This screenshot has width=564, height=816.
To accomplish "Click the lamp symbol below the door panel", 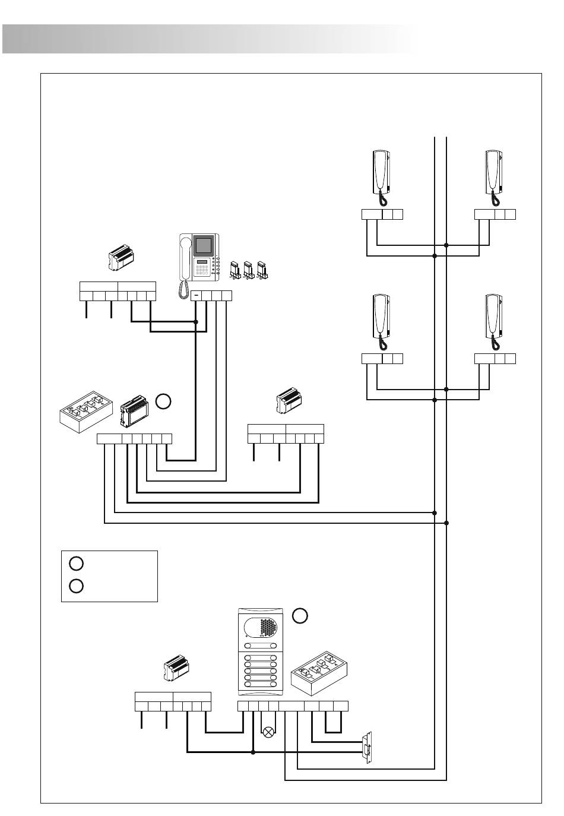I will point(268,732).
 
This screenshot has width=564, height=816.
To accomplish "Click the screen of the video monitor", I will point(204,246).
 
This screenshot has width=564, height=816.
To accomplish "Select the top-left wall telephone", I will point(381,172).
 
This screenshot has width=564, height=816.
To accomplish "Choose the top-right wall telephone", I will point(493,172).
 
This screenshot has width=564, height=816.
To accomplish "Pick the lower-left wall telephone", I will point(381,317).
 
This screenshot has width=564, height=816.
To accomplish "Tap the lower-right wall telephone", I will point(493,317).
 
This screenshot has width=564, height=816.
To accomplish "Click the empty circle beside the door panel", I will point(300,616).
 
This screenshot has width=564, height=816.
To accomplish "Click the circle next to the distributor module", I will point(164,402).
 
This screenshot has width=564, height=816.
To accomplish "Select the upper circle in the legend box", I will point(76,563).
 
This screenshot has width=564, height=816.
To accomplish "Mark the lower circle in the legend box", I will point(76,586).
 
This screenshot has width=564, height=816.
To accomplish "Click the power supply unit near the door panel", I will point(177,670).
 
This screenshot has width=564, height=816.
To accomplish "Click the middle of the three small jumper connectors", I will point(249,269).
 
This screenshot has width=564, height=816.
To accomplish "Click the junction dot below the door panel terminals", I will point(254,752).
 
